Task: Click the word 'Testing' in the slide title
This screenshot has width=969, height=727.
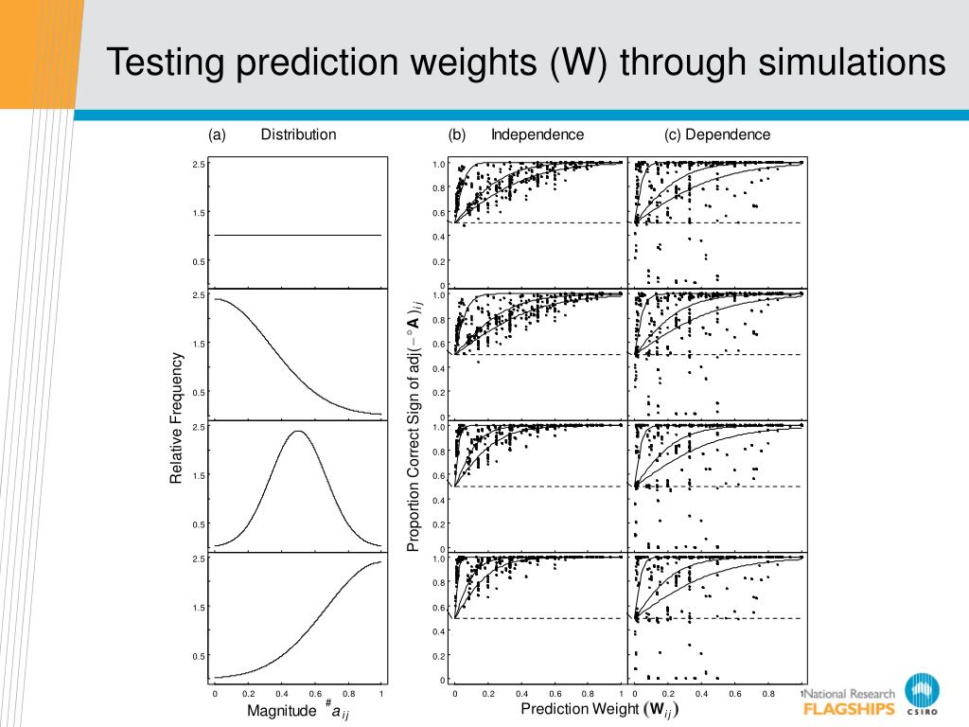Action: click(x=167, y=63)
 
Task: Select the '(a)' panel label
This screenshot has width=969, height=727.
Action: click(x=217, y=134)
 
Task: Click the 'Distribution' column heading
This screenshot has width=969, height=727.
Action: click(x=298, y=134)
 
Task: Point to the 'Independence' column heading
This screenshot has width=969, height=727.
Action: click(x=537, y=134)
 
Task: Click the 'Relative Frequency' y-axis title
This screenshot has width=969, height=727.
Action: click(x=176, y=418)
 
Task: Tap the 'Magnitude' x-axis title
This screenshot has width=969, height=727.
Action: click(x=281, y=710)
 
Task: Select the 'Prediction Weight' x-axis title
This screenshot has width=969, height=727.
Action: click(x=580, y=710)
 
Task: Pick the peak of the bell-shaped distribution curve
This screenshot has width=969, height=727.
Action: click(x=297, y=432)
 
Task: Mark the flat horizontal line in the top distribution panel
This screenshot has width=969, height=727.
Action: click(x=297, y=235)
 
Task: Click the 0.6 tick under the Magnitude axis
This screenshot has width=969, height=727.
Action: click(x=315, y=694)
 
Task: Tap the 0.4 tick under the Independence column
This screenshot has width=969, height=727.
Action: click(x=521, y=694)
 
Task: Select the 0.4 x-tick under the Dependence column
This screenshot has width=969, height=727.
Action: click(x=701, y=694)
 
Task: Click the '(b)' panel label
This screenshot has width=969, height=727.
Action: click(x=457, y=134)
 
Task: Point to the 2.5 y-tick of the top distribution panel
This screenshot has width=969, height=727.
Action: click(x=199, y=165)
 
